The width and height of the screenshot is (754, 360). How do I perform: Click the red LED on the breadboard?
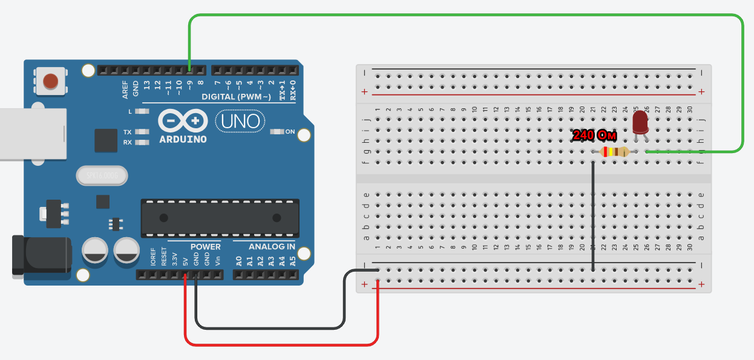(640, 123)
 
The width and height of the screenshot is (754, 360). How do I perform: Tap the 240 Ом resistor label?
(594, 135)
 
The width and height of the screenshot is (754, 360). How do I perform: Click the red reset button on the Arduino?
(51, 80)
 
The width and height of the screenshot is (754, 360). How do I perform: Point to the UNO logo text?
(240, 122)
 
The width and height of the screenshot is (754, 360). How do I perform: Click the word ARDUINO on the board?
(183, 139)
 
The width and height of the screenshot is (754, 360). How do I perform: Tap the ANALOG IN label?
(272, 246)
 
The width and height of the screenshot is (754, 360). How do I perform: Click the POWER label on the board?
(206, 246)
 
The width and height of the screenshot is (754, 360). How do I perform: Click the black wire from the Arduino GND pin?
(272, 329)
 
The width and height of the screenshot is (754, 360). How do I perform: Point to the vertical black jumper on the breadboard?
(593, 212)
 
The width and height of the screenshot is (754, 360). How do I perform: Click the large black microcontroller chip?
(220, 218)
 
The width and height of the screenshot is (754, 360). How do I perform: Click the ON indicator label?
(290, 132)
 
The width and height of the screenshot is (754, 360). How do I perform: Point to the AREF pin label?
(125, 90)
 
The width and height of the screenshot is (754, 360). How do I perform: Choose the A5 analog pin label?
(293, 261)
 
